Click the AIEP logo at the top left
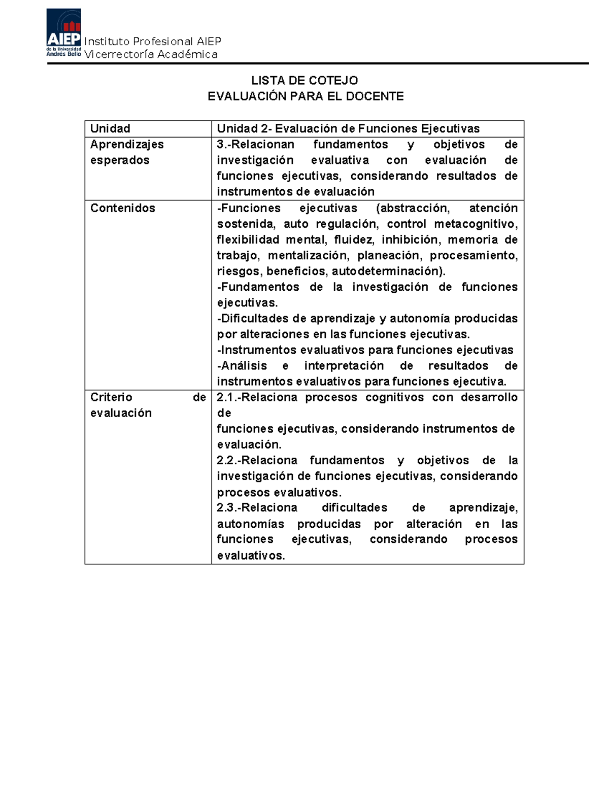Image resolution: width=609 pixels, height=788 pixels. (x=63, y=33)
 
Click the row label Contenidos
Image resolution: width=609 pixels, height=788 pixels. (x=122, y=208)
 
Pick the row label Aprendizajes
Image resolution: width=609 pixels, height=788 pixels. (x=127, y=145)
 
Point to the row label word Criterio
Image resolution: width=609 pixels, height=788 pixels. (x=111, y=397)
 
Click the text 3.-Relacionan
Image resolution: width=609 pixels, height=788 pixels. (x=255, y=145)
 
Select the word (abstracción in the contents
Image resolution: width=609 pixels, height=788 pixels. (x=413, y=208)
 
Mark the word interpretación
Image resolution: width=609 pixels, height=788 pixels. (x=344, y=366)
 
